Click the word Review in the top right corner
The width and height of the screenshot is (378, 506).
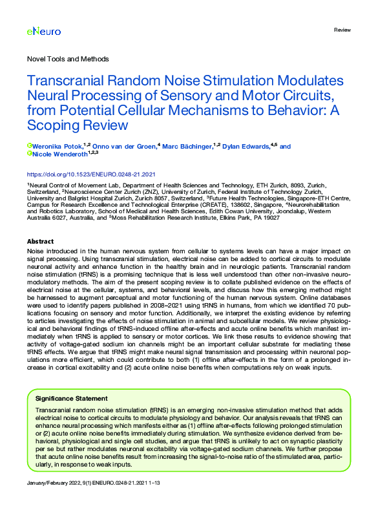click(342, 31)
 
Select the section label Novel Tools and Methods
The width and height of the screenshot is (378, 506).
click(68, 59)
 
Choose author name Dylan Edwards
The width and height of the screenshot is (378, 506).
click(246, 147)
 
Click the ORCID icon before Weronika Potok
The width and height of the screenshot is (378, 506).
click(29, 147)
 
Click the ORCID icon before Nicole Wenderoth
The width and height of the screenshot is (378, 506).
click(29, 154)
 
